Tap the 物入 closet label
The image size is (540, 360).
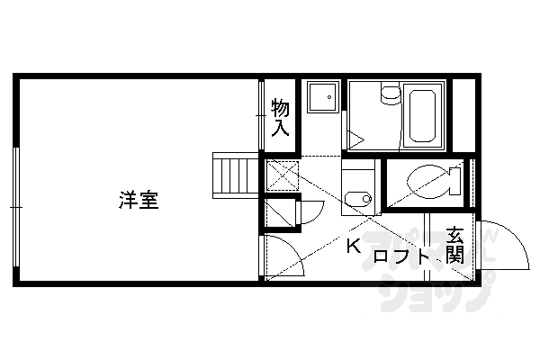(281, 118)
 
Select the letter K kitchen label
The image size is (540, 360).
(354, 246)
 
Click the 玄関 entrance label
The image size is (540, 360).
(456, 246)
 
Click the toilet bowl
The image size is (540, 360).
(427, 180)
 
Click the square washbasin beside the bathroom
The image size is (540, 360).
(321, 97)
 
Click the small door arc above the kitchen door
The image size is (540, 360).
(309, 212)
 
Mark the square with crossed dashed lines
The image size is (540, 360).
(280, 175)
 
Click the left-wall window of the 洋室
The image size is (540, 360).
(16, 207)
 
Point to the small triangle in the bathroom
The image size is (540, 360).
(356, 140)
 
